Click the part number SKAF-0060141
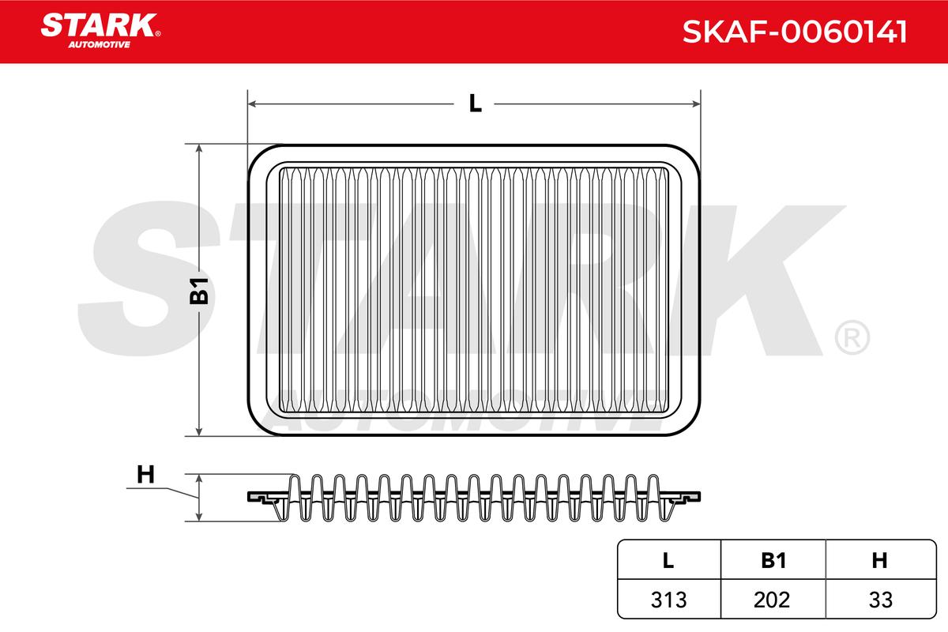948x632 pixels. point(795,32)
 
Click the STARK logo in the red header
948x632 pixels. point(100,25)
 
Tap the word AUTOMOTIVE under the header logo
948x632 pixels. point(100,44)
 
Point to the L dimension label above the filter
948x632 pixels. point(476,103)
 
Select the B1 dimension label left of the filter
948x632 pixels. point(199,291)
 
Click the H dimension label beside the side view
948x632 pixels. point(145,475)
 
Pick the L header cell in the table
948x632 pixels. point(668,560)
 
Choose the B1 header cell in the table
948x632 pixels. point(773,560)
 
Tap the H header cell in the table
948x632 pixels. point(879,560)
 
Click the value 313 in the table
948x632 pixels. point(668,600)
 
